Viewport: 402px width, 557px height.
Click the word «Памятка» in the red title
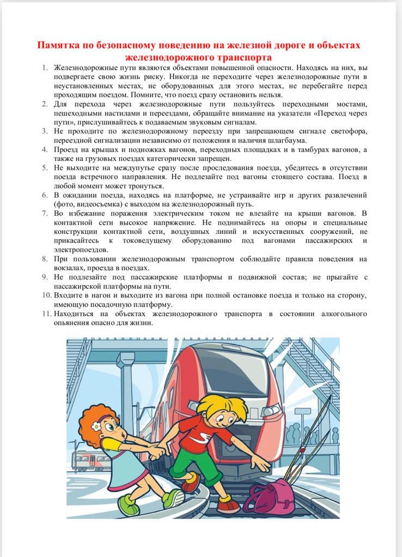pos(57,45)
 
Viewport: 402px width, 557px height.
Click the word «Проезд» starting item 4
pos(68,150)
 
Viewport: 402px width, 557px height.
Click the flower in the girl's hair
pos(96,428)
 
